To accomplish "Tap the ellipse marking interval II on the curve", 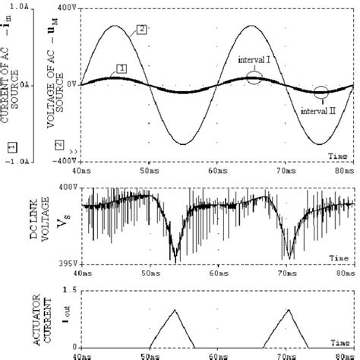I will (x=322, y=93).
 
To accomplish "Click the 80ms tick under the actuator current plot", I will (x=344, y=354).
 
